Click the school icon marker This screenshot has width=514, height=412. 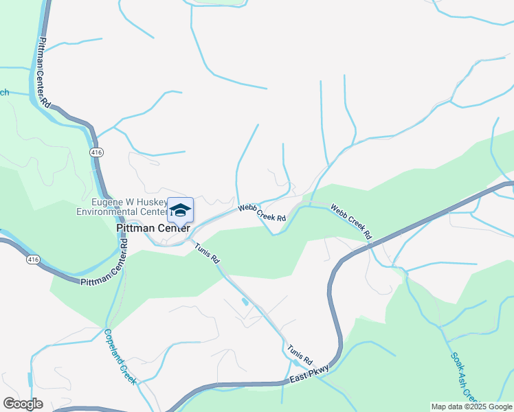(180, 210)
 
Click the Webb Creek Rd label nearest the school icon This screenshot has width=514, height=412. (262, 212)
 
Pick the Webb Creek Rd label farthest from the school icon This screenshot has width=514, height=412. (351, 221)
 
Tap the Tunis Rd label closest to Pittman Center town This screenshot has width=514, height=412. (206, 254)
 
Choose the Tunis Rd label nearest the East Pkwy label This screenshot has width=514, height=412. (300, 354)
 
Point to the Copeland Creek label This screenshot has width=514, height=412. (120, 356)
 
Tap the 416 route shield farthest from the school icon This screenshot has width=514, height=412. (33, 260)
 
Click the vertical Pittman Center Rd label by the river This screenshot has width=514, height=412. (45, 73)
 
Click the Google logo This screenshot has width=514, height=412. (23, 404)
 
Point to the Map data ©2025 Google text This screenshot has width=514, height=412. (471, 407)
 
